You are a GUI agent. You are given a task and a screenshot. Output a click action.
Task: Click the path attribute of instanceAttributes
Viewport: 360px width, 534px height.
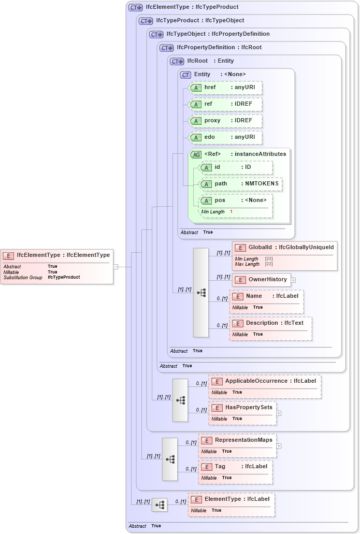click(241, 184)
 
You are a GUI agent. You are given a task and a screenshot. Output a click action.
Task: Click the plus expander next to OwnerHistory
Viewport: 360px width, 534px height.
click(294, 280)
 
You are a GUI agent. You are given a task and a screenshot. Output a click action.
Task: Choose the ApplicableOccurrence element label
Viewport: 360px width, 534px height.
click(256, 381)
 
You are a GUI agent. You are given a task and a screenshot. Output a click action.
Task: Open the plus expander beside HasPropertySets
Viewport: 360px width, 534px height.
click(279, 413)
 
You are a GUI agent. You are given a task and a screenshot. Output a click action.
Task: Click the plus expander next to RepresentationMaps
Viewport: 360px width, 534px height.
click(279, 445)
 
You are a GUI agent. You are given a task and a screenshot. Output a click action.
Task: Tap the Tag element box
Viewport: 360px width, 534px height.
click(235, 467)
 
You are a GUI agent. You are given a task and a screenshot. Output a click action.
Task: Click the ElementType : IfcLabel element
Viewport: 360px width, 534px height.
click(231, 499)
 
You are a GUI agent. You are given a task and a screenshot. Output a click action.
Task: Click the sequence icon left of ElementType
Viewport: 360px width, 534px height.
click(160, 504)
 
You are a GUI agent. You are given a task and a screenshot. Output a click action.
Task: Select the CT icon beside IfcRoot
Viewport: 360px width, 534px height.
click(177, 61)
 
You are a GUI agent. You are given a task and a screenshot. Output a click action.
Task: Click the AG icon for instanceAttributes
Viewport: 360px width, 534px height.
click(196, 154)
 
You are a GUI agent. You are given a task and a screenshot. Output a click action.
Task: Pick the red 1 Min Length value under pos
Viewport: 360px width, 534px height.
click(231, 212)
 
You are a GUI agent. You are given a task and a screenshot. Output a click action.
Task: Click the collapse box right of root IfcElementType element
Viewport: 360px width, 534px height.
click(116, 267)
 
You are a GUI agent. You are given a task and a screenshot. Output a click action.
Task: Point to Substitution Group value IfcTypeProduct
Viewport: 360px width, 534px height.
click(64, 277)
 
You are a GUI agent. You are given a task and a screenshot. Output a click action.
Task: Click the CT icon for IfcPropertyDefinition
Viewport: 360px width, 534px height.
click(167, 48)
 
